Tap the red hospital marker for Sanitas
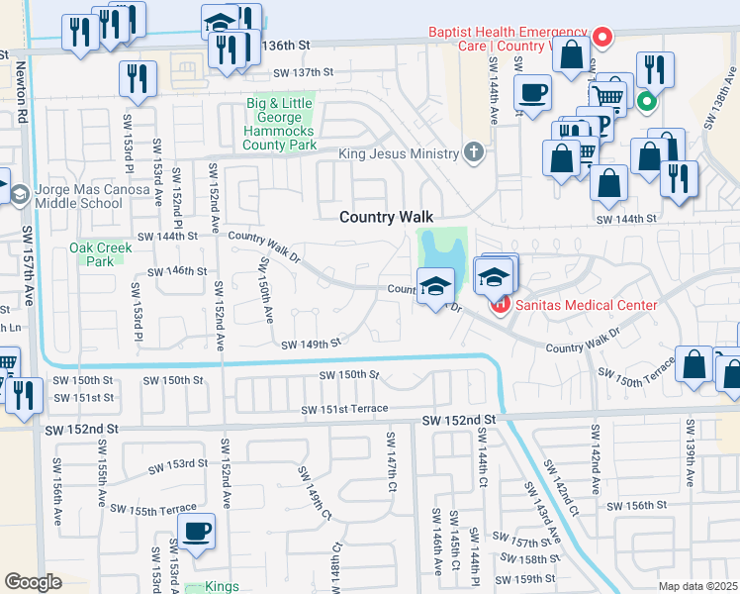(x=500, y=304)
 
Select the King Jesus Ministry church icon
(x=474, y=152)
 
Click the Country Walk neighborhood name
(x=387, y=217)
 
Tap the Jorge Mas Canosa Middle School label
(x=78, y=195)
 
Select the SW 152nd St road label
(x=81, y=430)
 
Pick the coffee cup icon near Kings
(x=196, y=531)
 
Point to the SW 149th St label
(x=311, y=345)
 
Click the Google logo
(x=33, y=582)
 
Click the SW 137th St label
(x=305, y=72)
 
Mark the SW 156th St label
(x=637, y=506)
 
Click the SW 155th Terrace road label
(x=153, y=509)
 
